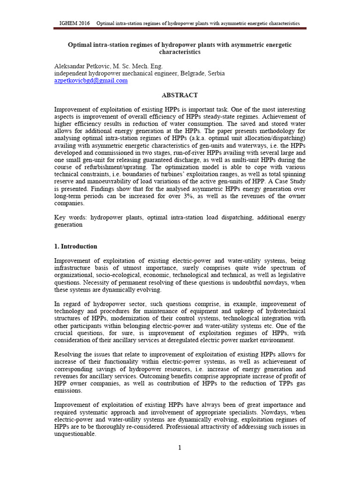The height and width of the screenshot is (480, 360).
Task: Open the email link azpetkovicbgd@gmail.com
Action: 91,81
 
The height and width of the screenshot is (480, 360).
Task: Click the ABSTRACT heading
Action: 180,95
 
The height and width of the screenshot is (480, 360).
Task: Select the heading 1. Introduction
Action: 76,247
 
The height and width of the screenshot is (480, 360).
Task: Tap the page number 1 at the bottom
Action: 180,448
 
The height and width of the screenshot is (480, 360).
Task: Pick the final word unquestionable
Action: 75,434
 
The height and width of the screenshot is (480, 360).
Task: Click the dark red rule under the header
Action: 180,29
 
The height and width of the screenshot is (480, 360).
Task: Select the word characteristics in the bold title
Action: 180,52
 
